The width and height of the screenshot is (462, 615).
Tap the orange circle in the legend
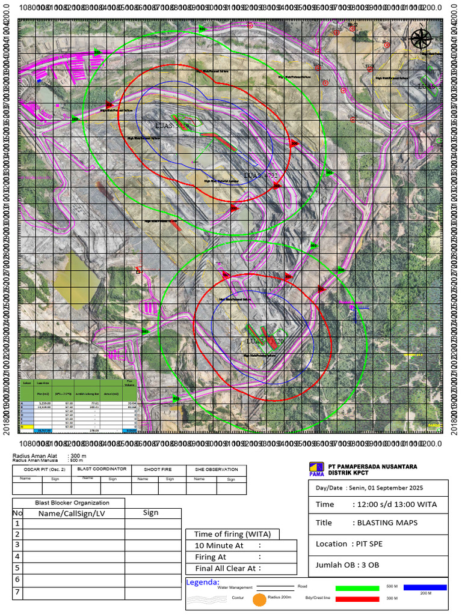click(259, 599)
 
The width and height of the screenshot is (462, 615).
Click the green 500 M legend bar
click(357, 587)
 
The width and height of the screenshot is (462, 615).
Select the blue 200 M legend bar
click(425, 587)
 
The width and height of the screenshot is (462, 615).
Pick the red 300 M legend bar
click(357, 599)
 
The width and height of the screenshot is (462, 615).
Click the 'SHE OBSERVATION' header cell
click(217, 470)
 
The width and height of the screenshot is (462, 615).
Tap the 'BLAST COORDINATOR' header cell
click(100, 470)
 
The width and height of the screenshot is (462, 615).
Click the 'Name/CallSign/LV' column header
click(73, 513)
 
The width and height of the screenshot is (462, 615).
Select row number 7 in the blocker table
click(17, 592)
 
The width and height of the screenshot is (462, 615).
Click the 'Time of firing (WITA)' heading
click(232, 534)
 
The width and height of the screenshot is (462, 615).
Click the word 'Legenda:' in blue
click(203, 582)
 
